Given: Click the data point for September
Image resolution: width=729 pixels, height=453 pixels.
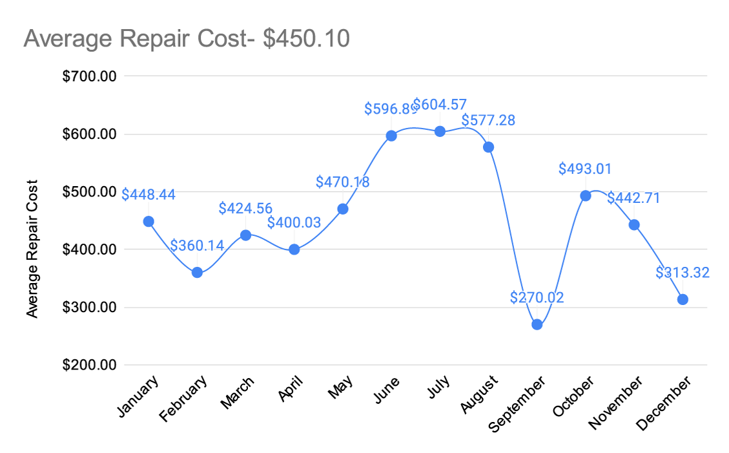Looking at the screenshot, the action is (x=537, y=324).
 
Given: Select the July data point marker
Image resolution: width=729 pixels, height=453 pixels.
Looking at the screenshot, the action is (x=440, y=132).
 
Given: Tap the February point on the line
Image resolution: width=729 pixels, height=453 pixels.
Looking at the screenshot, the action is (x=197, y=272).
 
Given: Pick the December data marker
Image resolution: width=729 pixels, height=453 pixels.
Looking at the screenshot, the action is (x=683, y=299).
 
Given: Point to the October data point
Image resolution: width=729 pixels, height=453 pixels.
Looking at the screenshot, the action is (x=586, y=196).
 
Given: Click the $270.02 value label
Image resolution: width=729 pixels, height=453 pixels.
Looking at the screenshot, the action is (x=537, y=297).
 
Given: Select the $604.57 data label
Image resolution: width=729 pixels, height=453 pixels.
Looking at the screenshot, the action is (x=440, y=105).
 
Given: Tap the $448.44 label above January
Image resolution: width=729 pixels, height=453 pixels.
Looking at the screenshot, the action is (x=149, y=195).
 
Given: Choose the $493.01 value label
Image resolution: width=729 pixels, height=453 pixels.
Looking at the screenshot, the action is (x=585, y=169).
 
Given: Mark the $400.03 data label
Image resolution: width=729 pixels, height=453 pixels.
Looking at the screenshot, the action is (x=294, y=222).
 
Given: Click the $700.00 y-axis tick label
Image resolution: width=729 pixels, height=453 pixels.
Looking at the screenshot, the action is (x=89, y=76).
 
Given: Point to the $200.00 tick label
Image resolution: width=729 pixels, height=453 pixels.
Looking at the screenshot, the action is (x=89, y=364).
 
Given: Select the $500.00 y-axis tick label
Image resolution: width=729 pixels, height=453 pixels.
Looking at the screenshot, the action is (x=89, y=192).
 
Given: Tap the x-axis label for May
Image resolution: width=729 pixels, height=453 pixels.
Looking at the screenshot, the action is (x=340, y=387).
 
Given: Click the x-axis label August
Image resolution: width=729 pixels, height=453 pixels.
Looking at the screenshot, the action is (x=479, y=394).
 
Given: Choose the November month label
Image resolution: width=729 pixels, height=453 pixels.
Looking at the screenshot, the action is (x=615, y=403).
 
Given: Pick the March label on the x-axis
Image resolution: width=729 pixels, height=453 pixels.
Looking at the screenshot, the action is (x=237, y=392).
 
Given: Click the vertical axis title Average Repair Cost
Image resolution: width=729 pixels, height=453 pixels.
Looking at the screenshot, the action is (x=32, y=249).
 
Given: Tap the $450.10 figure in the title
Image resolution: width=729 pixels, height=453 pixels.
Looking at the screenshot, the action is (x=306, y=38).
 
